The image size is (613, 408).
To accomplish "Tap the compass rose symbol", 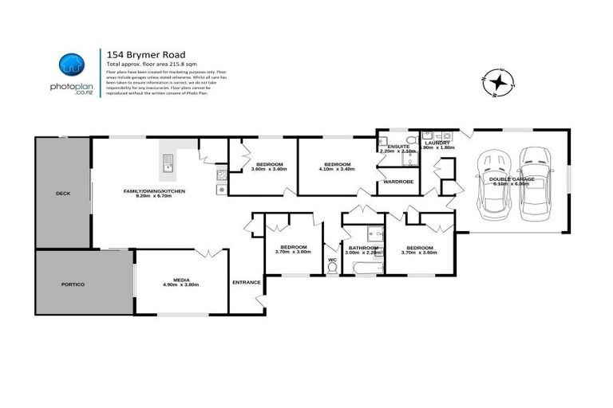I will (499, 81).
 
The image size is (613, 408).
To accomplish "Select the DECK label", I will (62, 194).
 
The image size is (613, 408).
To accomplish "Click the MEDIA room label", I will (180, 279).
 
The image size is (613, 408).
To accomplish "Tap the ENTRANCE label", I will (246, 283).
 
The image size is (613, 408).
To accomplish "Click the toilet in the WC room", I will (333, 268).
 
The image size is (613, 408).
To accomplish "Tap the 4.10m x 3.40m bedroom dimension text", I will (335, 169).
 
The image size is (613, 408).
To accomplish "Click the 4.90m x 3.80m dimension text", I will (180, 284).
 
